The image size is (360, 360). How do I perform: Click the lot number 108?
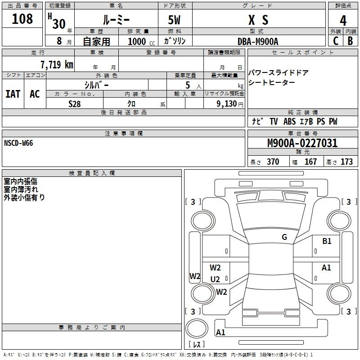(22, 19)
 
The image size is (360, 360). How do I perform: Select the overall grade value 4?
(343, 20)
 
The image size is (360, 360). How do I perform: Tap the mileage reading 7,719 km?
(57, 64)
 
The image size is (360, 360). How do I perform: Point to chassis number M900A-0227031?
(302, 143)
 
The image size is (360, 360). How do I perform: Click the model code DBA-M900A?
(258, 41)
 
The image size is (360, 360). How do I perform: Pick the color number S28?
(75, 104)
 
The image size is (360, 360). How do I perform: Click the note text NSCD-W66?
(18, 143)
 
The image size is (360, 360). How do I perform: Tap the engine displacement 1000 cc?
(141, 41)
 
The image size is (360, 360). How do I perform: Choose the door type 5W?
(174, 20)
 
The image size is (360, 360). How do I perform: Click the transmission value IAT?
(13, 94)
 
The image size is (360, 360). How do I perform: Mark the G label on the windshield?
(284, 237)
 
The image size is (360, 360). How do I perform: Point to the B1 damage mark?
(327, 241)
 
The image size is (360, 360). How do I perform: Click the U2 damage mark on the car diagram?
(215, 279)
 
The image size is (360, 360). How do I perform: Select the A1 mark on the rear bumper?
(220, 332)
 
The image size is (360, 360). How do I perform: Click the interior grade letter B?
(350, 41)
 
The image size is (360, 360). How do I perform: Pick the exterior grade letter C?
(336, 41)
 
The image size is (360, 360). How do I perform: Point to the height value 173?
(346, 162)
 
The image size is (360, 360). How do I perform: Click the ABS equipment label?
(289, 121)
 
